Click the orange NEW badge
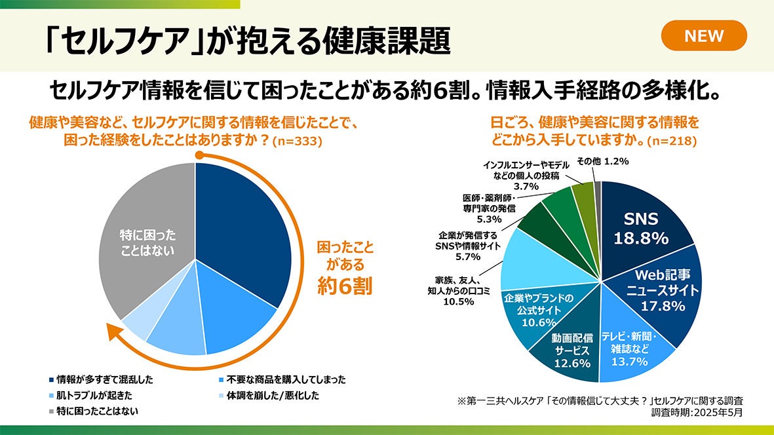[704, 35]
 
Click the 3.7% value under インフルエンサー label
[526, 186]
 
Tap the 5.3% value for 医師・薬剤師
[489, 219]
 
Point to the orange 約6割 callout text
[345, 286]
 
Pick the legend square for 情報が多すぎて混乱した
[51, 379]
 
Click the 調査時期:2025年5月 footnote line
[697, 413]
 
